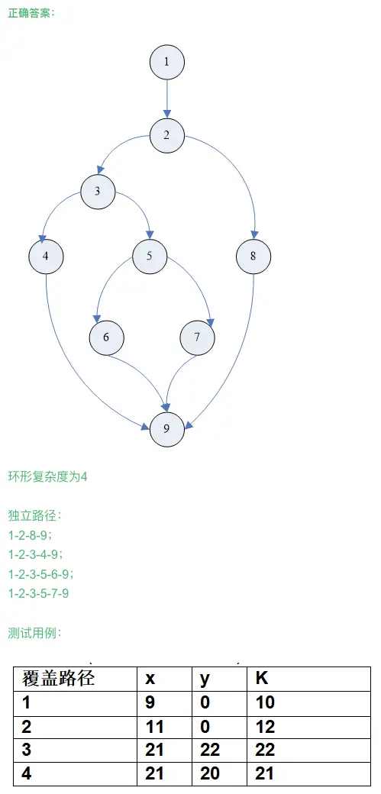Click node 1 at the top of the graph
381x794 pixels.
pos(166,62)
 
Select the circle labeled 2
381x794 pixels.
pos(166,135)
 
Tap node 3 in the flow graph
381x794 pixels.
pos(98,192)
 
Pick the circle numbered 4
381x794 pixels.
pos(46,257)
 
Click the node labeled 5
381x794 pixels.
pos(150,257)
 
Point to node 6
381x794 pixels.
pos(106,337)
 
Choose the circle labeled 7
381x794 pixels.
pos(197,337)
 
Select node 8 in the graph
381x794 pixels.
pos(253,257)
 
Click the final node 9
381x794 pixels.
pos(166,429)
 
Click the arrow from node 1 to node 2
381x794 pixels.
pos(166,98)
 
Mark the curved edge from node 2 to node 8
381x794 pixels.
pos(238,167)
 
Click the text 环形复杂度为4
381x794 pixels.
pos(47,477)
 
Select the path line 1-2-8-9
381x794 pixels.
pos(30,535)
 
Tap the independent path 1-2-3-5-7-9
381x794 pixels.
pos(38,593)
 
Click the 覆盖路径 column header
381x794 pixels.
pos(58,679)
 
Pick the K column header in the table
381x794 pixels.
pos(262,679)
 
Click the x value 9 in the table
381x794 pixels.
pos(150,702)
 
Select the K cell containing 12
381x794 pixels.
pos(265,727)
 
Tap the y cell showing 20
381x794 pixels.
pos(210,773)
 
